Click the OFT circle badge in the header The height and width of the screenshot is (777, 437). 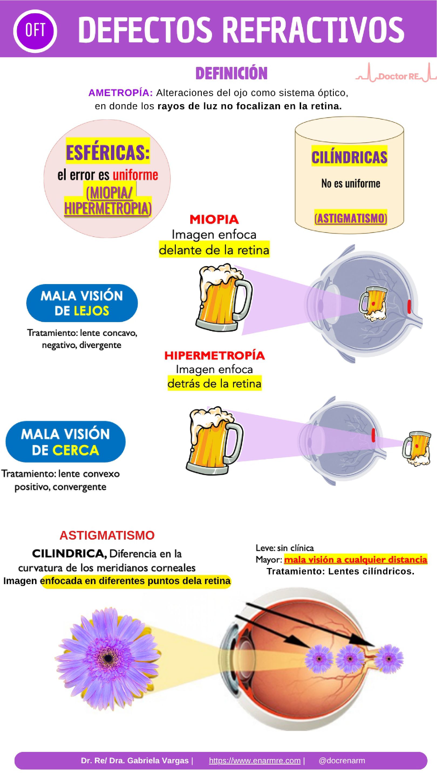pos(35,30)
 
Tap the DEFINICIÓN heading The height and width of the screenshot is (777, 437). pos(231,73)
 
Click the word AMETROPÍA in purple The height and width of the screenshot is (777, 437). pos(121,93)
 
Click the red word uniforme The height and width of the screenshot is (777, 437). pos(135,175)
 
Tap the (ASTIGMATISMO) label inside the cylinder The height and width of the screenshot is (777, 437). pos(350,218)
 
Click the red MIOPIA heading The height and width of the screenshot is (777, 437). pos(214,219)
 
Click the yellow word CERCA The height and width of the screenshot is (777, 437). pos(76,450)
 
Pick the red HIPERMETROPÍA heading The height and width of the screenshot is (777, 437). pos(214,356)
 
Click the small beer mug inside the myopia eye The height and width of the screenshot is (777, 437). pos(373,304)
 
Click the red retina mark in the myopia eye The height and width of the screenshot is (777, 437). pos(409,306)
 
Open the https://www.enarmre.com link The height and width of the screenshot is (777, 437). pos(255,761)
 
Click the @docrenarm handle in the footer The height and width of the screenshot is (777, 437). pos(342,761)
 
